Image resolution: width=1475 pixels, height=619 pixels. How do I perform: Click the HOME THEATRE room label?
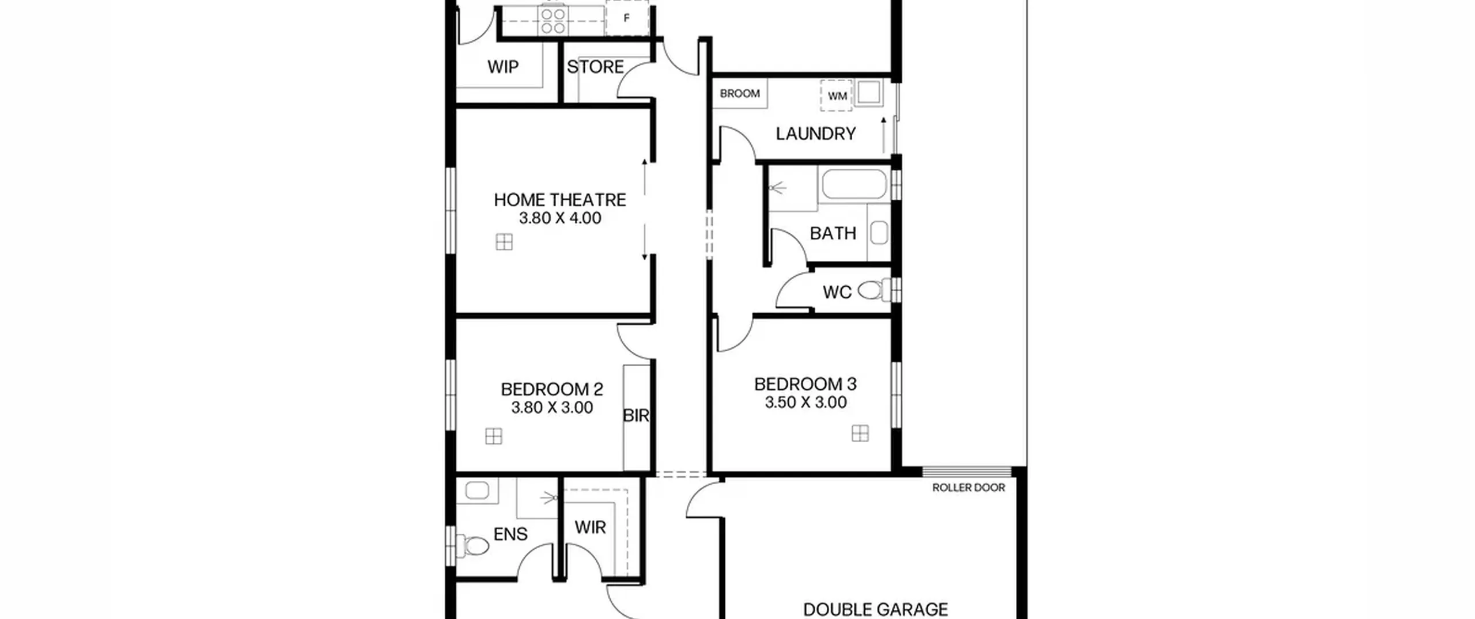pyautogui.click(x=559, y=200)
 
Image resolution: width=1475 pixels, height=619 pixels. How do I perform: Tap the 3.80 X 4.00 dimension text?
pyautogui.click(x=559, y=218)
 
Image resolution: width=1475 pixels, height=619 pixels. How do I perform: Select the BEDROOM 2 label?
pyautogui.click(x=551, y=389)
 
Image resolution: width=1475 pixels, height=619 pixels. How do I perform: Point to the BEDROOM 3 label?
pyautogui.click(x=805, y=384)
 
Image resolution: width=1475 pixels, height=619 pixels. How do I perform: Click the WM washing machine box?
pyautogui.click(x=836, y=96)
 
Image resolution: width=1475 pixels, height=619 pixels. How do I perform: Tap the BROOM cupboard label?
pyautogui.click(x=739, y=93)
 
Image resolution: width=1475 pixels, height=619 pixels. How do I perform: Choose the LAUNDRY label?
pyautogui.click(x=815, y=134)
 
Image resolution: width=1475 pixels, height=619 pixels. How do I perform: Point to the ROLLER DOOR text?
pyautogui.click(x=969, y=488)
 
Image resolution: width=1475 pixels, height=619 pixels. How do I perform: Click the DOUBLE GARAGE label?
pyautogui.click(x=875, y=609)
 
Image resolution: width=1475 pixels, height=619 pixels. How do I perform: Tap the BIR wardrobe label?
pyautogui.click(x=636, y=415)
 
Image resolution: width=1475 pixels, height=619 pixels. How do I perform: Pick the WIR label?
pyautogui.click(x=590, y=527)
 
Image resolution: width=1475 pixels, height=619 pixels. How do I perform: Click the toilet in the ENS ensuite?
pyautogui.click(x=472, y=545)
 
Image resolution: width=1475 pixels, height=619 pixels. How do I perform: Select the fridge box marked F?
pyautogui.click(x=627, y=18)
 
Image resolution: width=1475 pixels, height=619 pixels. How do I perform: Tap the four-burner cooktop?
pyautogui.click(x=553, y=18)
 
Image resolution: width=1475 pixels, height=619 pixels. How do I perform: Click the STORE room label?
pyautogui.click(x=595, y=67)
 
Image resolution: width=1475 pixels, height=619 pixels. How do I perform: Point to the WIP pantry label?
pyautogui.click(x=502, y=67)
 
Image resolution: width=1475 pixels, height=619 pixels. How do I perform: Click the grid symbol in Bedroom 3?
pyautogui.click(x=860, y=434)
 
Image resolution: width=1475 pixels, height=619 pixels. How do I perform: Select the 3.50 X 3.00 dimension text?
pyautogui.click(x=805, y=402)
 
